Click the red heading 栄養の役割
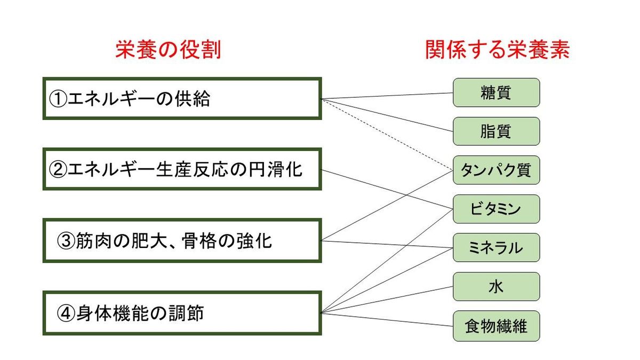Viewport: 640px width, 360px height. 169,50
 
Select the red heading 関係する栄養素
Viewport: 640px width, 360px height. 498,50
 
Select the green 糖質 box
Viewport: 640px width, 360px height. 497,93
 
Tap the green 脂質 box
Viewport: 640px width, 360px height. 497,131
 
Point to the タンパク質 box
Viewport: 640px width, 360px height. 497,170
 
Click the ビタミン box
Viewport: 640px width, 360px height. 497,209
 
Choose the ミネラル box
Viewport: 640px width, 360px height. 497,247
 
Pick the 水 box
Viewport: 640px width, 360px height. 497,286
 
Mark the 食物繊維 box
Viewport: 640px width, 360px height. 497,326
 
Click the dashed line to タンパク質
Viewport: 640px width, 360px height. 387,134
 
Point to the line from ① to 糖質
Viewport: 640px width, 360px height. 387,95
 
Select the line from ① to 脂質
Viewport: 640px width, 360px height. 387,115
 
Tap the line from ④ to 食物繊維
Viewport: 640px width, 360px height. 387,319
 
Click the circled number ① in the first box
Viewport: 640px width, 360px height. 58,99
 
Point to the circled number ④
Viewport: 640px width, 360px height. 66,314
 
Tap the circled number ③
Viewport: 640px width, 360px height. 66,241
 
